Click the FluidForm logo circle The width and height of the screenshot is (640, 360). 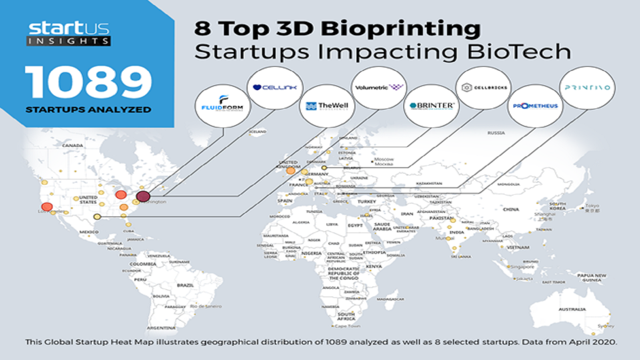(x=222, y=106)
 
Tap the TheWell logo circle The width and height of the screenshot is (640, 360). (x=327, y=106)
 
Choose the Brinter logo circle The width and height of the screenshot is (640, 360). (x=432, y=106)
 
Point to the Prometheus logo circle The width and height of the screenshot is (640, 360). (x=535, y=106)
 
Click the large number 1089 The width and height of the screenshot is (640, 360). (x=88, y=82)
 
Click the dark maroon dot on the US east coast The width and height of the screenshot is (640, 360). (x=143, y=196)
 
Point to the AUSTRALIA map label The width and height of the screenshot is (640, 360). (x=572, y=309)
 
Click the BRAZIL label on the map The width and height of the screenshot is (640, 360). (x=185, y=285)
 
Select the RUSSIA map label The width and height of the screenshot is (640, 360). (x=496, y=133)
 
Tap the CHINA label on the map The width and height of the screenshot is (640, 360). (x=511, y=209)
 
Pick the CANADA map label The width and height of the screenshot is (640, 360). (x=72, y=146)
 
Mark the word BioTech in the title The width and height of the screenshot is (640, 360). (x=519, y=52)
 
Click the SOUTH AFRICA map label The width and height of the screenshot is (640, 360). (x=346, y=316)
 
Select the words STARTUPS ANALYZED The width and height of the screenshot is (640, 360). (x=88, y=110)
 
